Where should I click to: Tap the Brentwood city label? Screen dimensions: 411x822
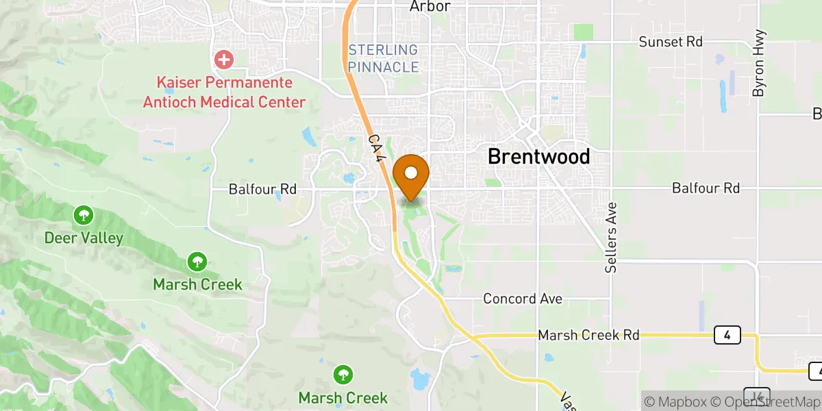click(x=538, y=156)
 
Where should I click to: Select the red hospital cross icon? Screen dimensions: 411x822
click(x=223, y=60)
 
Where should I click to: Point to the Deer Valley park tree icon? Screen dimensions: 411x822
click(x=83, y=216)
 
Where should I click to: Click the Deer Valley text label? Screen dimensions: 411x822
click(x=84, y=238)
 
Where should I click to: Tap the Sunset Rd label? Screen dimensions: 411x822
click(x=671, y=42)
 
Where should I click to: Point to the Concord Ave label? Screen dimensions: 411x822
click(x=523, y=299)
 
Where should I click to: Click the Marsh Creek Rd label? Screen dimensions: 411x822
click(x=588, y=335)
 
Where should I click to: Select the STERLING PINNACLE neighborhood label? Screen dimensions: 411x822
click(x=383, y=58)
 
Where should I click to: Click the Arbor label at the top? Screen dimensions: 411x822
click(x=429, y=6)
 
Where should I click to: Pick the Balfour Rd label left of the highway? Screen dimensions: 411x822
click(x=263, y=188)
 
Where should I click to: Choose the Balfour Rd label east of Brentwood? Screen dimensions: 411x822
click(x=706, y=188)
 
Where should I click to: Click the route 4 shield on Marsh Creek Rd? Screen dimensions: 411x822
click(x=726, y=335)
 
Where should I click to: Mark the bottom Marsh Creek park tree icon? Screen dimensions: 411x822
click(x=343, y=375)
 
